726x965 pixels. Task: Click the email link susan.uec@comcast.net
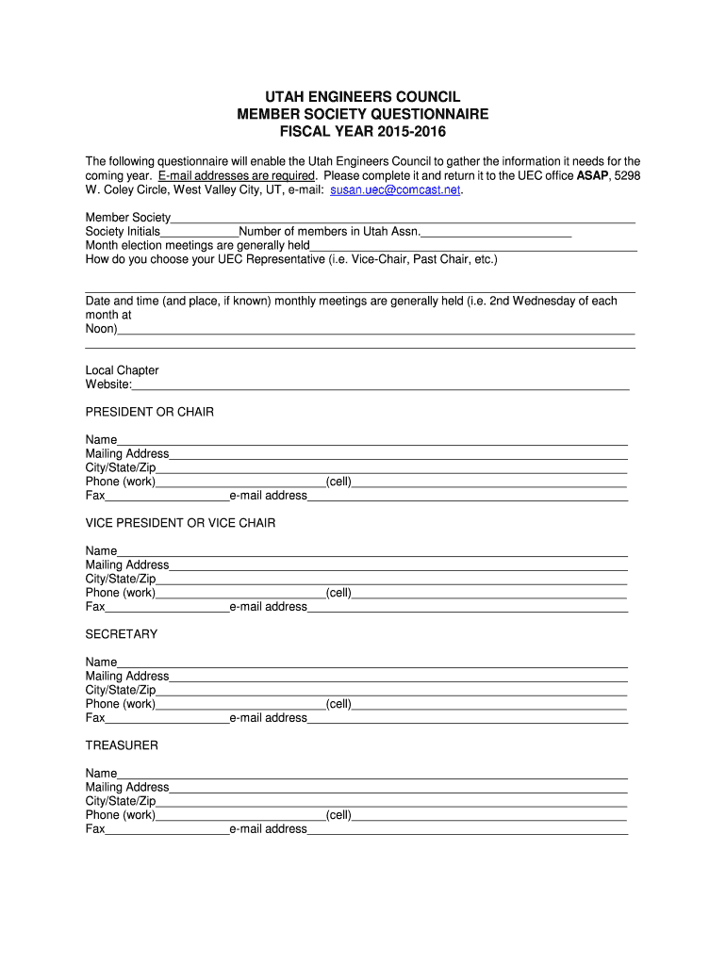395,189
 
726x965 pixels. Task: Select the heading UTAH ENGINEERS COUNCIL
362,97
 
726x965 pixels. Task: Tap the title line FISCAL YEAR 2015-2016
362,131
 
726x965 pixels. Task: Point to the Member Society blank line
403,218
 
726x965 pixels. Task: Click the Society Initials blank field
199,232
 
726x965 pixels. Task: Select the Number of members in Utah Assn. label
329,232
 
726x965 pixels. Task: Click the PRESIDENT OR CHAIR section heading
150,412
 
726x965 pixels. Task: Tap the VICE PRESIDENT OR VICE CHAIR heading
181,523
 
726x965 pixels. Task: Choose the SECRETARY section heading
122,634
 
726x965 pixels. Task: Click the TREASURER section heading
122,745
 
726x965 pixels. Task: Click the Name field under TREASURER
372,774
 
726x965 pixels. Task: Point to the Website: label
108,384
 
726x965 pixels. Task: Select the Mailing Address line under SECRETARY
398,677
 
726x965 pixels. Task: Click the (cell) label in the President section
338,482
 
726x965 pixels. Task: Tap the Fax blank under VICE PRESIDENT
167,607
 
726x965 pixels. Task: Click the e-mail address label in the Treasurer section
268,829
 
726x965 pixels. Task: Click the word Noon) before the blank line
101,329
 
